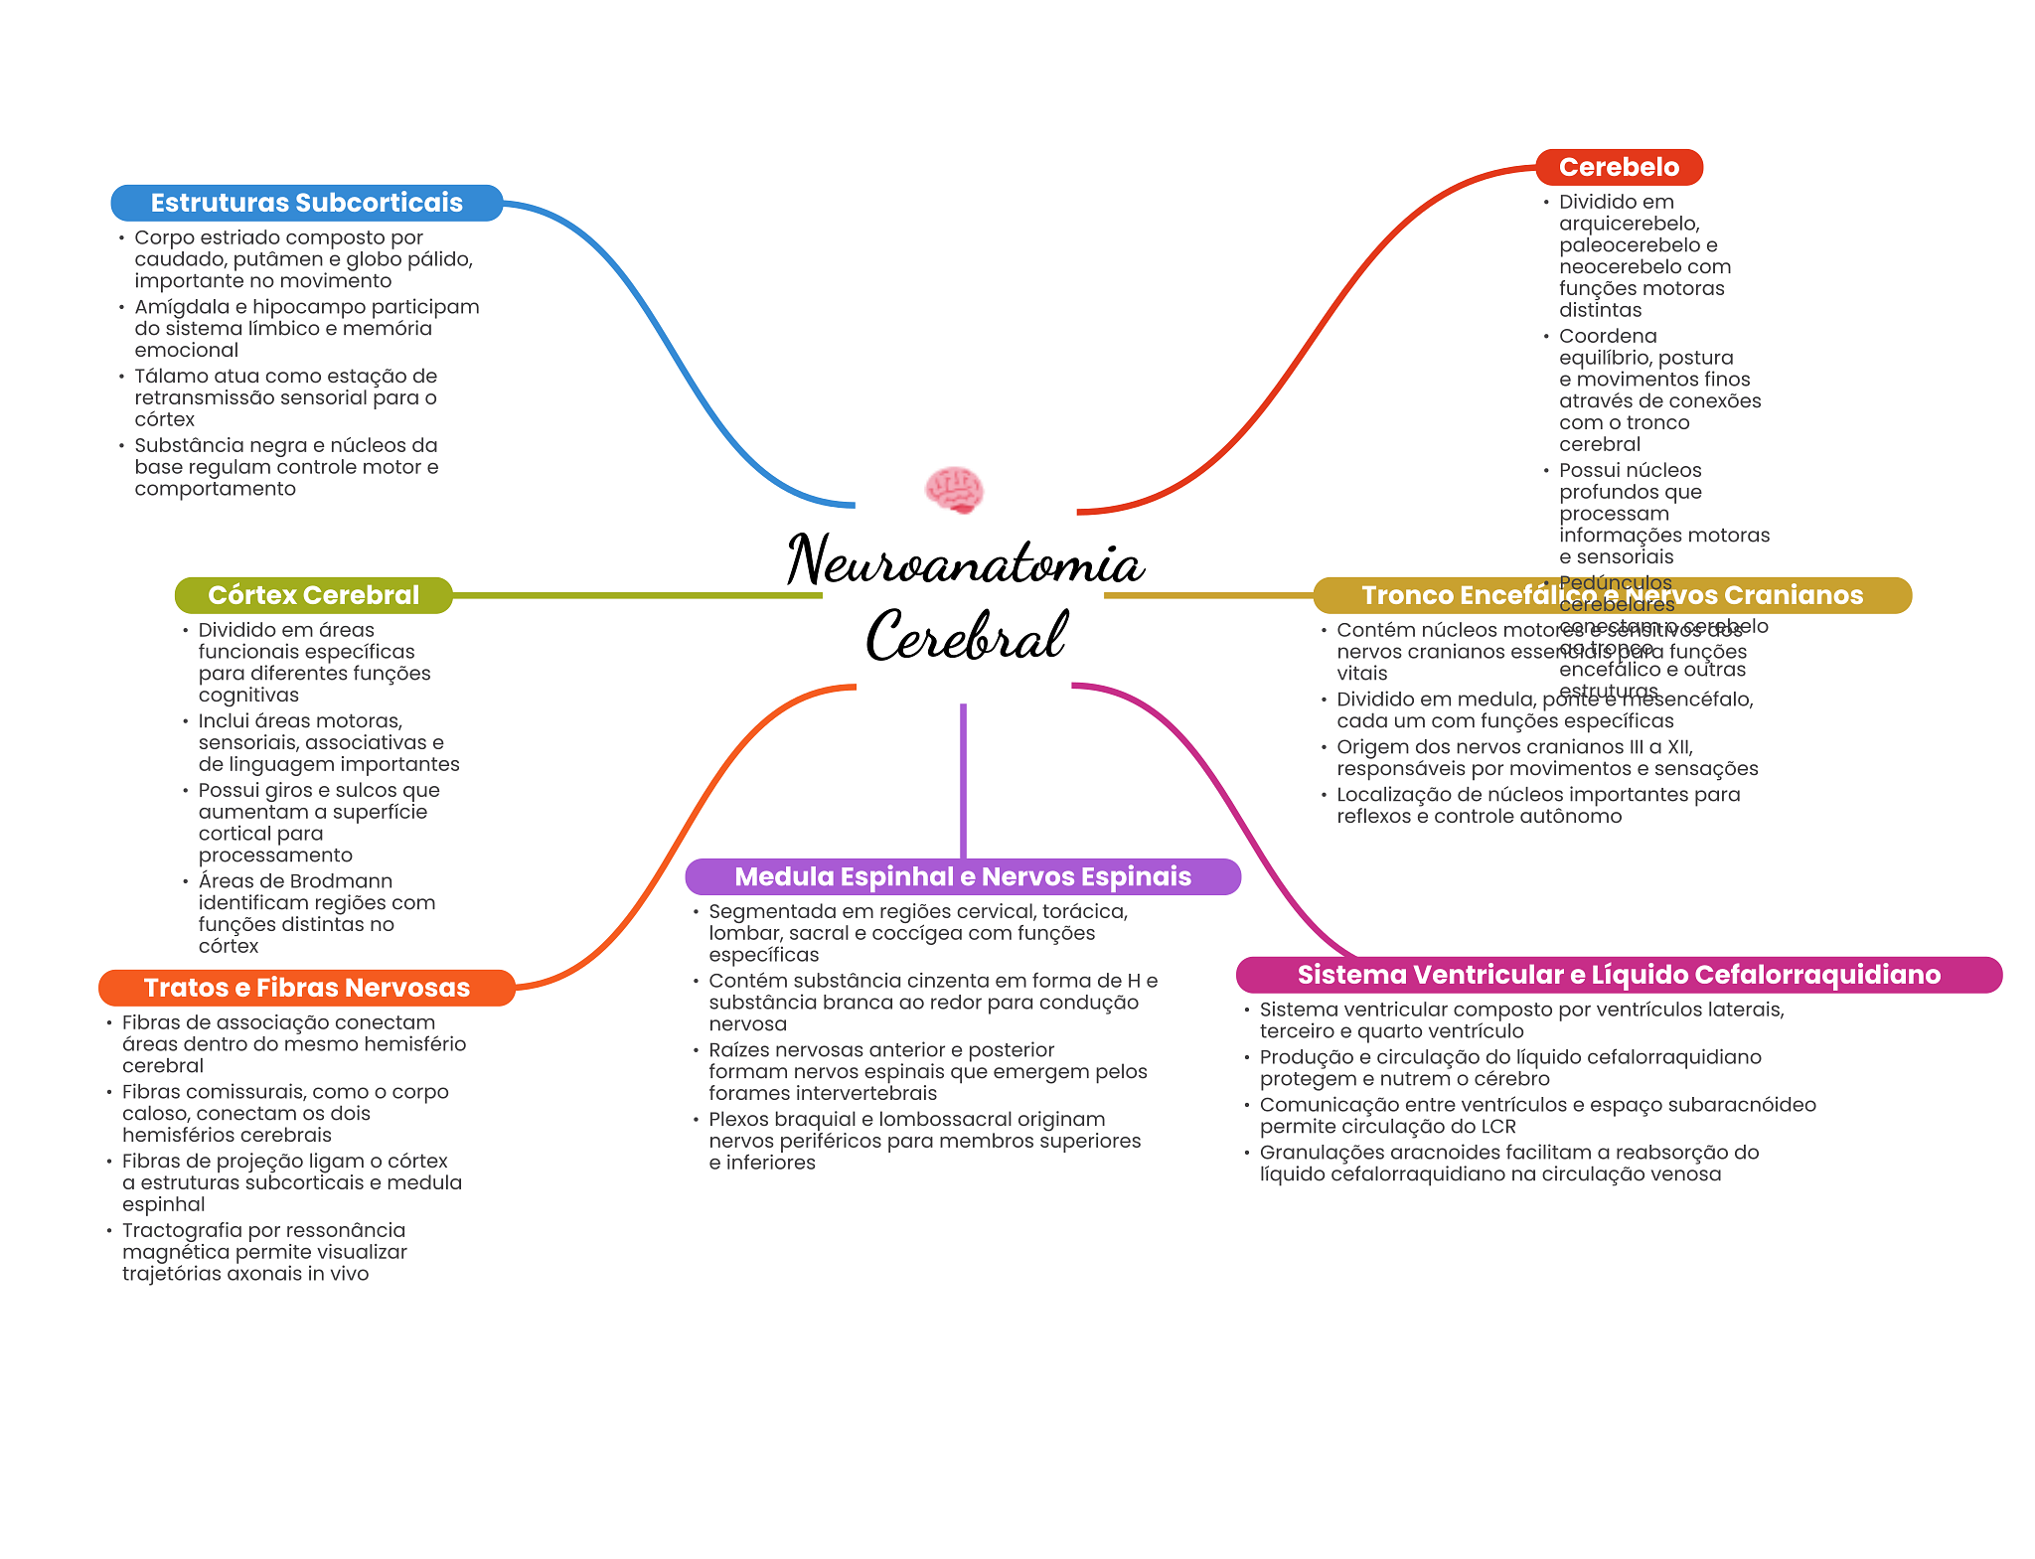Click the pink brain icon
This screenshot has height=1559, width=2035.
coord(954,490)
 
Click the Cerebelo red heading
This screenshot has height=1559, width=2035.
coord(1619,167)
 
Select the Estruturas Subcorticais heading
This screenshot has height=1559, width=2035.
coord(306,203)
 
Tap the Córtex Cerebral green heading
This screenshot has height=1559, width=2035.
coord(313,595)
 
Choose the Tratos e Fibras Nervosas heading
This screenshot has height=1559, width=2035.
coord(306,988)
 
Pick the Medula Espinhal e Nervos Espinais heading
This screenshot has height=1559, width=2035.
coord(962,876)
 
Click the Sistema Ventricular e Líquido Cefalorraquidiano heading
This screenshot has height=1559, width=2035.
coord(1618,975)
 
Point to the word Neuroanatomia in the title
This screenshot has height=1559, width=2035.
coord(965,562)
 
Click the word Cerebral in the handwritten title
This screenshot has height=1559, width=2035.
coord(966,636)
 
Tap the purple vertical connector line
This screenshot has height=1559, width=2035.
coord(963,780)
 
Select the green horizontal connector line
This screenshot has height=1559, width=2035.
coord(636,595)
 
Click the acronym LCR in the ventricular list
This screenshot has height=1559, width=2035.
coord(1497,1127)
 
